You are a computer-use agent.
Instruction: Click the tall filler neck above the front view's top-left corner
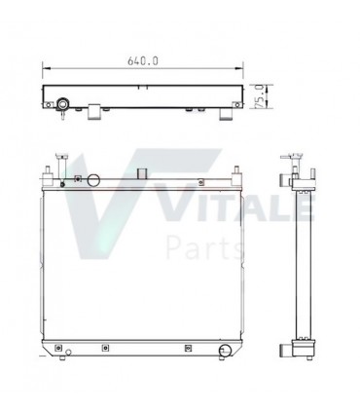click(61, 166)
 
